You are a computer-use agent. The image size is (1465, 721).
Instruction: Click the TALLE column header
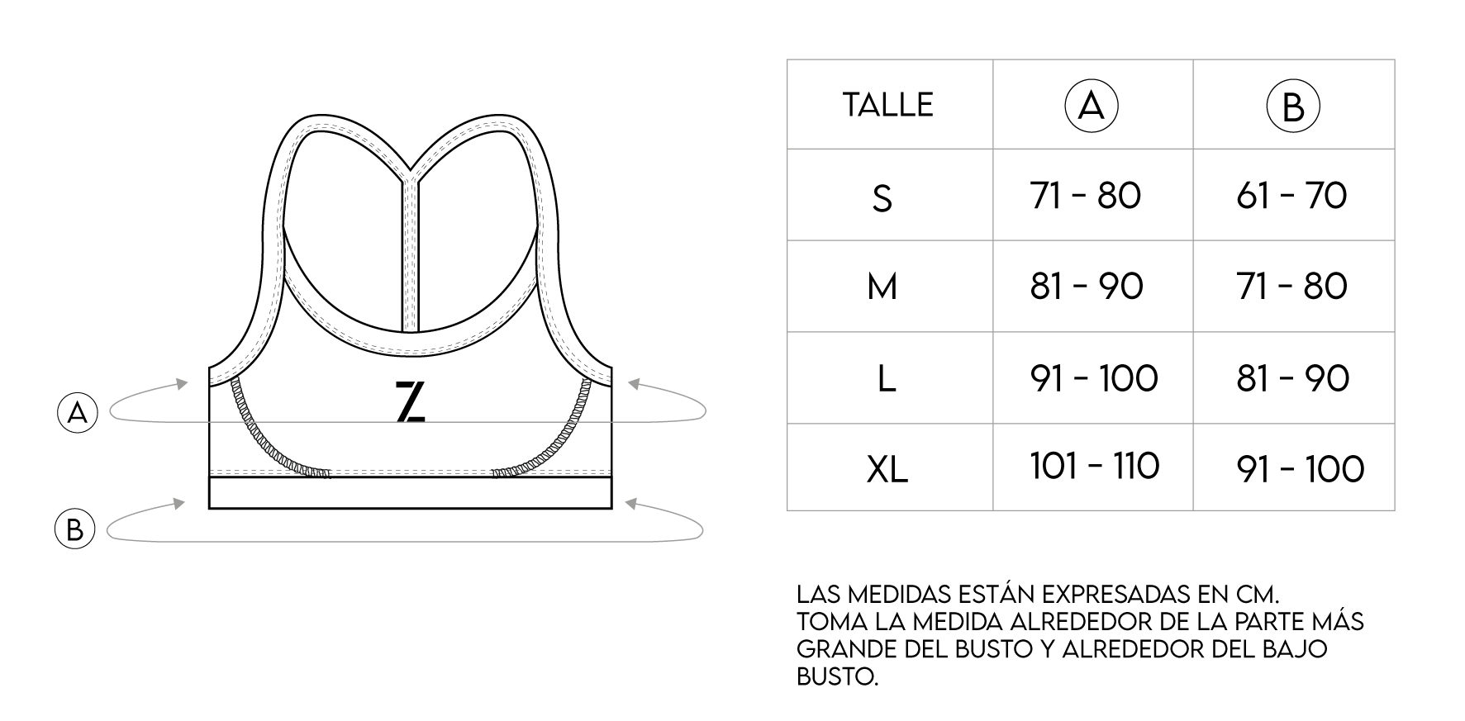point(887,105)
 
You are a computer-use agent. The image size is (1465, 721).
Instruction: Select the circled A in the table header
point(1092,107)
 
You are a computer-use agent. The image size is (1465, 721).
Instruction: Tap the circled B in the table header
point(1293,107)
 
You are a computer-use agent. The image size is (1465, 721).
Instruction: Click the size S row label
point(882,198)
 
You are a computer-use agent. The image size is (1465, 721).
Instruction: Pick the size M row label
point(882,287)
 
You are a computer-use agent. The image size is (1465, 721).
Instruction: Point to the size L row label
point(886,378)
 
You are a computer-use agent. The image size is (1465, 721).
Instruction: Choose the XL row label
point(887,469)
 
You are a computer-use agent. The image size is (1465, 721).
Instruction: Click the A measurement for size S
point(1086,196)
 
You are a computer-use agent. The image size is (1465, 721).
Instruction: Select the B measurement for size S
point(1291,196)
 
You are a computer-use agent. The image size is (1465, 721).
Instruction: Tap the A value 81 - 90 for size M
point(1087,287)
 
